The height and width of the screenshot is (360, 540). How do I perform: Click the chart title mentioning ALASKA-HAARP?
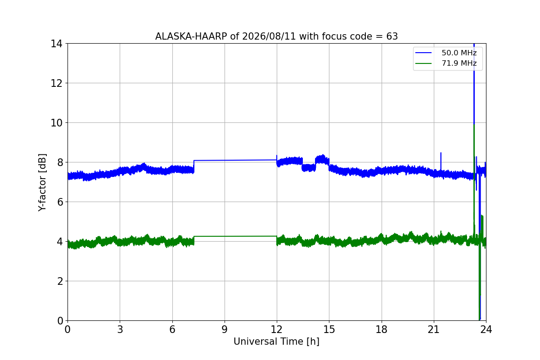coord(276,36)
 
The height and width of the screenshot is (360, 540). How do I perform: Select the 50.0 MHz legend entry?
coord(446,53)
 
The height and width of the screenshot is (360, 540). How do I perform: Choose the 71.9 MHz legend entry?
coord(446,63)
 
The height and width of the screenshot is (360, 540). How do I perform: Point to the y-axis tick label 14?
coord(56,44)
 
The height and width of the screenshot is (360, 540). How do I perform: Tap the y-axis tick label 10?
coord(56,123)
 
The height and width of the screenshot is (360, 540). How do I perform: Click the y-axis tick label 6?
coord(60,202)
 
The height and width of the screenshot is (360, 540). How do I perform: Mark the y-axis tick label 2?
coord(60,281)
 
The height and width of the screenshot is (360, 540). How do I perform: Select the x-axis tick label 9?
coord(225,329)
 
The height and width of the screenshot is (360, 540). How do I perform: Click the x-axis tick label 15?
coord(329,329)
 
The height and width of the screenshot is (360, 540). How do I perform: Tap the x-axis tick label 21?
coord(434,329)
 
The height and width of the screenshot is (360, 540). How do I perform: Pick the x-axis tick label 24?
coord(486,329)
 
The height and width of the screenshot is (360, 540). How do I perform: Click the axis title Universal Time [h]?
coord(276,342)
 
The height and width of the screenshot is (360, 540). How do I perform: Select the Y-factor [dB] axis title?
coord(42,183)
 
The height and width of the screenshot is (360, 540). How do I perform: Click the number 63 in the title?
coord(392,36)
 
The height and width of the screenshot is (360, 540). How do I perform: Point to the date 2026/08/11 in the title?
coord(269,36)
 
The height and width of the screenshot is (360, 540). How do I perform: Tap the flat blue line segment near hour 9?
coord(235,160)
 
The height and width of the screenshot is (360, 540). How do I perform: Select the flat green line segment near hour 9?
coord(235,236)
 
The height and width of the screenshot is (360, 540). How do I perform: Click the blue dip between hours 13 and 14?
coord(309,167)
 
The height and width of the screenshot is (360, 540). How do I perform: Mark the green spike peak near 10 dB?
coord(474,125)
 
